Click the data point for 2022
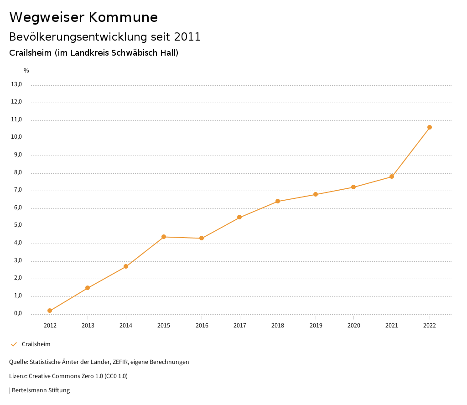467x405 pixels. coord(430,127)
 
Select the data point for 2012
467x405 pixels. coord(50,311)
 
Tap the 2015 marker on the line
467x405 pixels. coord(164,237)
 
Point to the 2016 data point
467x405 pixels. coord(202,238)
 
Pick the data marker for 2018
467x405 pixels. coord(278,201)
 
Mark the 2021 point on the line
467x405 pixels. coord(392,177)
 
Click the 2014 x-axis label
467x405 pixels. coord(126,325)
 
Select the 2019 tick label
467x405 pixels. coord(316,325)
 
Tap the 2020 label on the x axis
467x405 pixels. coord(354,325)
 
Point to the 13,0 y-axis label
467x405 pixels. coord(16,84)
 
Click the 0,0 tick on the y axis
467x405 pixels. coord(18,314)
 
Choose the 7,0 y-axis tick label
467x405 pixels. coord(18,190)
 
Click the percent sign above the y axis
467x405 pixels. coord(26,71)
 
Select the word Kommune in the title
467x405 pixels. coord(123,17)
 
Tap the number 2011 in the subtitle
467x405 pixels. coord(187,37)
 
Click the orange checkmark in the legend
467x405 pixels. coord(14,344)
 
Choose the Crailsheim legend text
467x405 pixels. coord(36,344)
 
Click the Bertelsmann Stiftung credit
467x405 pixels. coord(40,390)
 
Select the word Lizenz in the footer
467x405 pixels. coord(18,376)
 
